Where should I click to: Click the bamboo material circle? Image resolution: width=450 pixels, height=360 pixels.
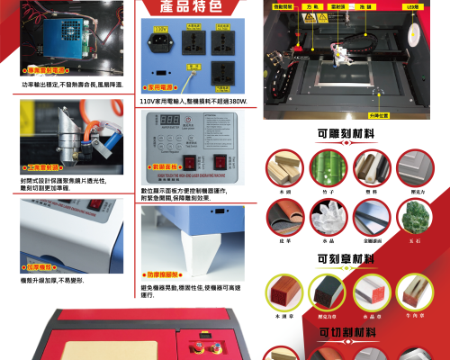328,167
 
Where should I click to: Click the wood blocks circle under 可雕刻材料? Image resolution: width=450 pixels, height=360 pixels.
284,167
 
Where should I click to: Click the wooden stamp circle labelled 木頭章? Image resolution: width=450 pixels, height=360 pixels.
284,292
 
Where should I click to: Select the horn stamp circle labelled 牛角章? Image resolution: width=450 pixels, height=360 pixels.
415,292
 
